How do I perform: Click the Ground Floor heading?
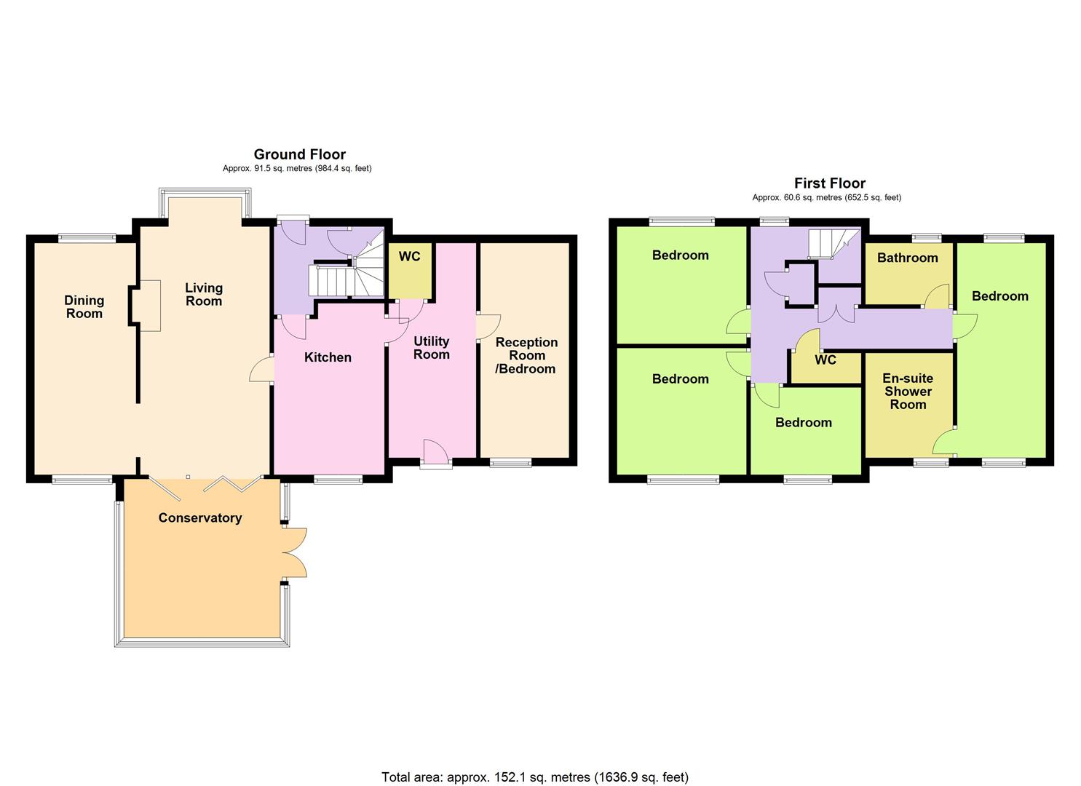coord(299,154)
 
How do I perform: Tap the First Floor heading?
coord(829,183)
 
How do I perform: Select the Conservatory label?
coord(200,517)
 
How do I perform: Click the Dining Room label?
coord(84,306)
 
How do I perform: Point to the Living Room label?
coord(203,294)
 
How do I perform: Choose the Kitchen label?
coord(328,357)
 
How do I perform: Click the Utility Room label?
coord(431,347)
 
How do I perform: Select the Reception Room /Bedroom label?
coord(526,355)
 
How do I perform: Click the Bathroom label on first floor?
coord(907,258)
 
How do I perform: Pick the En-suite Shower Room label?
coord(908,391)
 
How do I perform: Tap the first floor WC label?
coord(825,360)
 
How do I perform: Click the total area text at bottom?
coord(535,777)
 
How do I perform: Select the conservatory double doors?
coord(294,552)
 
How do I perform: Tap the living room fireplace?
coord(146,306)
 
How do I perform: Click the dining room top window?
coord(87,237)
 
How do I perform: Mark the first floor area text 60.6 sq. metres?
coord(826,197)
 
